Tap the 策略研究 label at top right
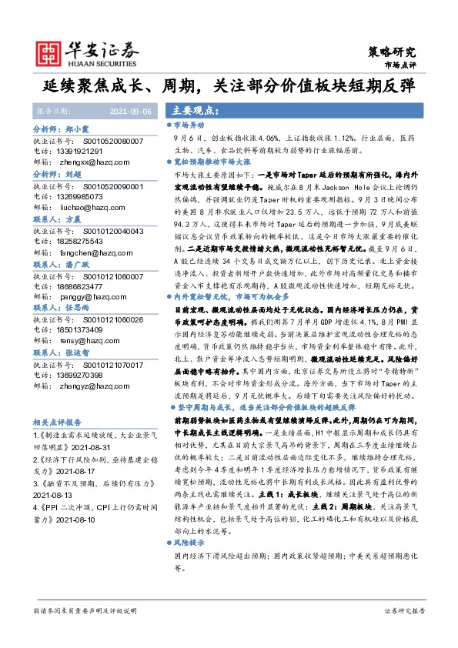point(393,52)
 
